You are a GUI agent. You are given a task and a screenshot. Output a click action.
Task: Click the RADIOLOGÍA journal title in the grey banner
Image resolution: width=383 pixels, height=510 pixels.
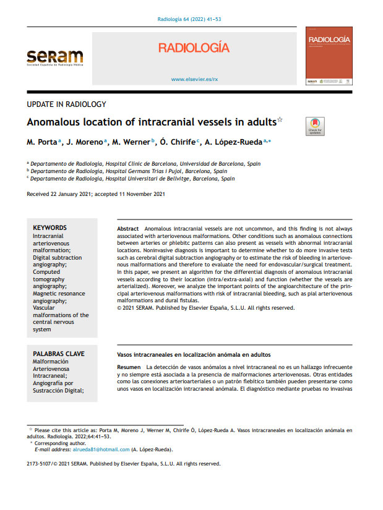pyautogui.click(x=194, y=48)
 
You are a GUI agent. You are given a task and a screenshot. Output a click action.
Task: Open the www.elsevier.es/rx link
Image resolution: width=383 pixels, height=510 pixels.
pyautogui.click(x=194, y=80)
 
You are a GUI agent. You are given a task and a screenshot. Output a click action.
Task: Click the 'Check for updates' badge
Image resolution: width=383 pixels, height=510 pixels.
pyautogui.click(x=316, y=126)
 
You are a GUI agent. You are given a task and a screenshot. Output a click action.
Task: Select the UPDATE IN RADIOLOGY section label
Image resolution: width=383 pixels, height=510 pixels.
pyautogui.click(x=67, y=104)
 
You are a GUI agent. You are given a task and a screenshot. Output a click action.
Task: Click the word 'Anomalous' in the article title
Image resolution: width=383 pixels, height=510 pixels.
pyautogui.click(x=62, y=122)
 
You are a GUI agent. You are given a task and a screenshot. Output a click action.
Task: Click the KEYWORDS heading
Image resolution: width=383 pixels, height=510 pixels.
pyautogui.click(x=49, y=227)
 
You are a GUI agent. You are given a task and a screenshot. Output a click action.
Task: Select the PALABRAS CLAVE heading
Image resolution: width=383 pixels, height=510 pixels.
pyautogui.click(x=58, y=354)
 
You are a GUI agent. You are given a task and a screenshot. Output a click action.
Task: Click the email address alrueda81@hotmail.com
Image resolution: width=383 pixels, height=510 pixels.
pyautogui.click(x=101, y=449)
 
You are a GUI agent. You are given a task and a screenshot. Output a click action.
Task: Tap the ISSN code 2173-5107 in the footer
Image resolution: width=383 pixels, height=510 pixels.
pyautogui.click(x=40, y=463)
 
